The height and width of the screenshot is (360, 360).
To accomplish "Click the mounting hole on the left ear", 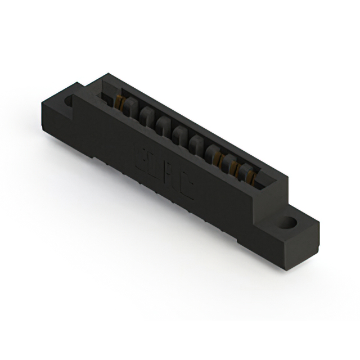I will click(69, 102).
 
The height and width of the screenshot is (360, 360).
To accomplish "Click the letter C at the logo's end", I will click(187, 189).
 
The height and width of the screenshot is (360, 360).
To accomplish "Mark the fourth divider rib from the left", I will click(180, 135).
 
